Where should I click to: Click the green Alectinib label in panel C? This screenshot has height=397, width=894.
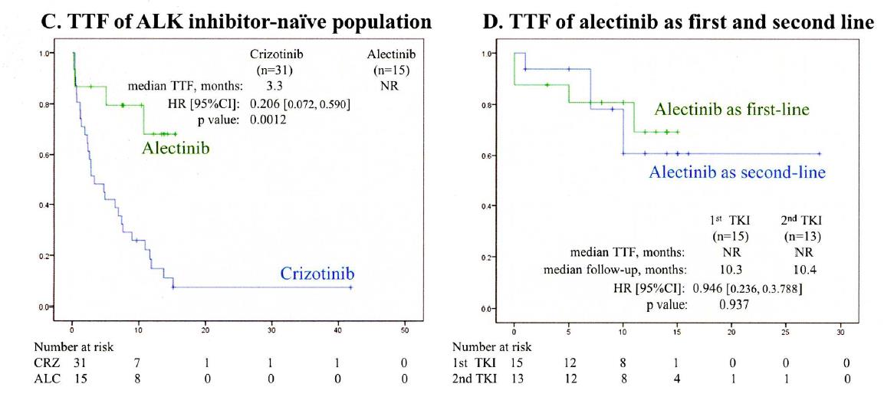click(x=176, y=147)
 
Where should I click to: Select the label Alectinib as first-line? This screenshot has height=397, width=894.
click(x=732, y=110)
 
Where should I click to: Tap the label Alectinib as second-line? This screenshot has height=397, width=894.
click(x=738, y=172)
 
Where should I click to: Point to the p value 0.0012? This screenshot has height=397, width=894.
click(x=268, y=120)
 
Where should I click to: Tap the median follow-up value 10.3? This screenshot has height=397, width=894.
click(x=729, y=269)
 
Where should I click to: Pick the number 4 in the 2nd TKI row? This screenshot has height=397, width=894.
click(x=677, y=377)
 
